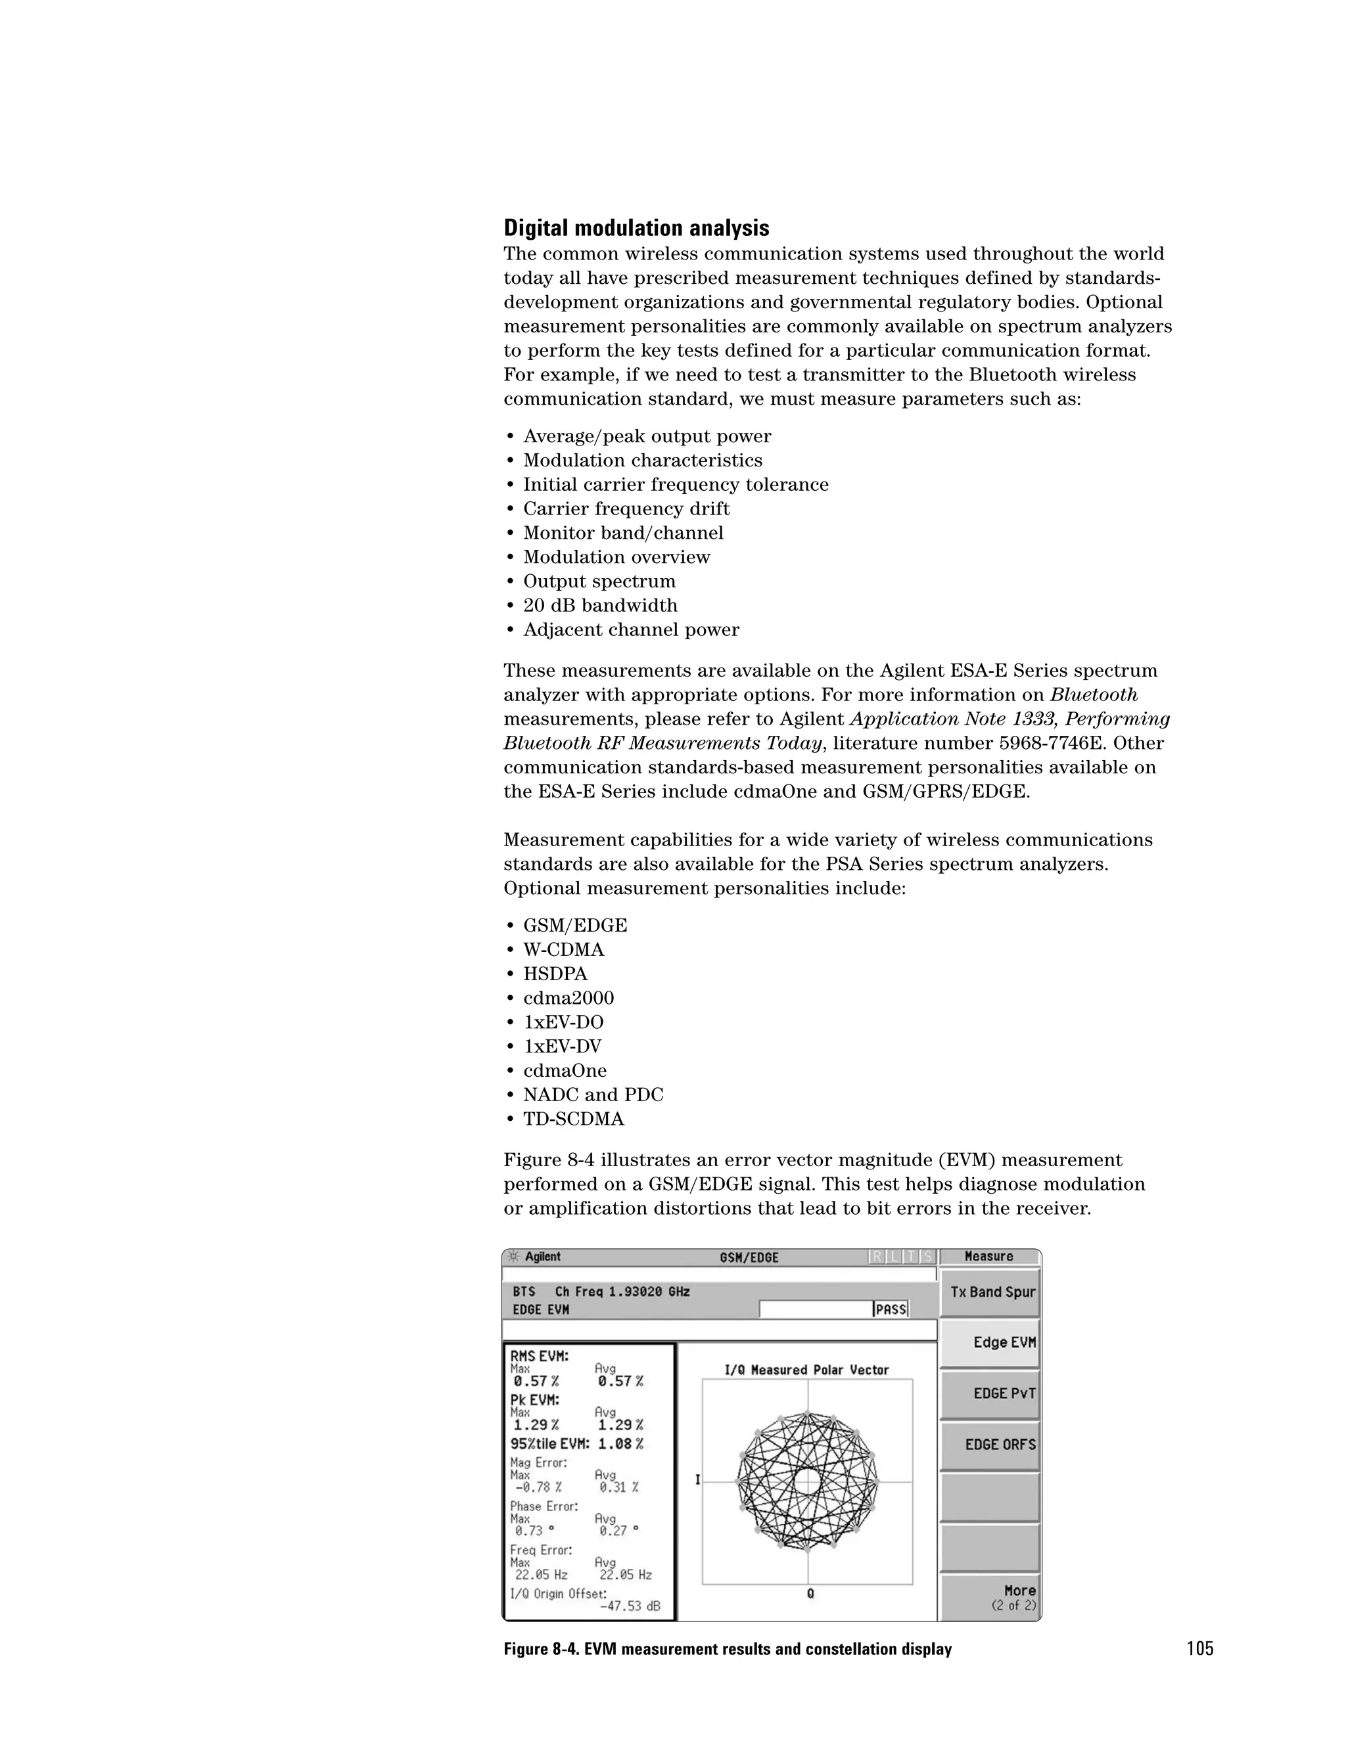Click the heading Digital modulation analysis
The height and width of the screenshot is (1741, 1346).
coord(636,229)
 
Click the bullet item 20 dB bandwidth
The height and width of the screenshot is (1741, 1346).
coord(599,605)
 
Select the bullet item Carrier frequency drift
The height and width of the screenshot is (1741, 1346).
coord(626,509)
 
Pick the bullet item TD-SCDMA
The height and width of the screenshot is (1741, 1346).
coord(573,1119)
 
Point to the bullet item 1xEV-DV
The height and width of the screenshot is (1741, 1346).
coord(562,1047)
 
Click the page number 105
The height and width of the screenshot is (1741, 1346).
coord(1199,1648)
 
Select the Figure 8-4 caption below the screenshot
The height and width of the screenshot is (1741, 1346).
coord(728,1649)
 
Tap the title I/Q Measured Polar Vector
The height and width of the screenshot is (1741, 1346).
coord(806,1370)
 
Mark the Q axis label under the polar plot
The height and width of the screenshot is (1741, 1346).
coord(809,1594)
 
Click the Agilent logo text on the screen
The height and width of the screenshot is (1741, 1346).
coord(542,1257)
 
